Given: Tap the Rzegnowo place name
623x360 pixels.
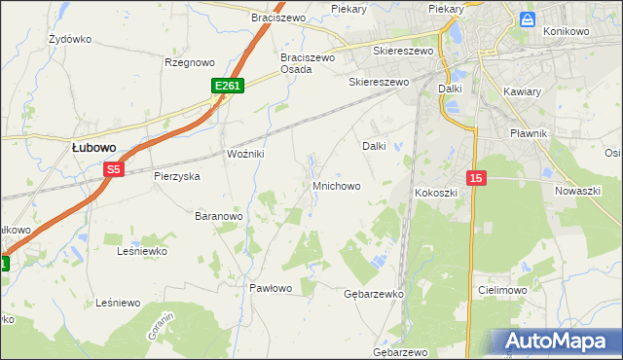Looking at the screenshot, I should [189, 62].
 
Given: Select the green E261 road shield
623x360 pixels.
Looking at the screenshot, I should [227, 87].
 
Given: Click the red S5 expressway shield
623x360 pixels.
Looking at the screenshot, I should [114, 169].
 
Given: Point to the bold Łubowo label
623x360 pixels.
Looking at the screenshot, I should [94, 147].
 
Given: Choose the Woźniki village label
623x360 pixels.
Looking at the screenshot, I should [245, 155].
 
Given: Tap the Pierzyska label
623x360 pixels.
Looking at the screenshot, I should [176, 176].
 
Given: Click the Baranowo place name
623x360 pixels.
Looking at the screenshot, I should [218, 215].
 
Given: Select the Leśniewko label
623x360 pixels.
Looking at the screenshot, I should [142, 251].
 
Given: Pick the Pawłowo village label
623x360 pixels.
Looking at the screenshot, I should [271, 288].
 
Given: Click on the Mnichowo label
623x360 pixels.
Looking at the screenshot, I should [336, 185].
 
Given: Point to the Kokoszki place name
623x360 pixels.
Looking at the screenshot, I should [436, 193].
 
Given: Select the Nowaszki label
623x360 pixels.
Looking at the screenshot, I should [577, 191].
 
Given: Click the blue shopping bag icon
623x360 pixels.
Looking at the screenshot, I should [528, 18].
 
